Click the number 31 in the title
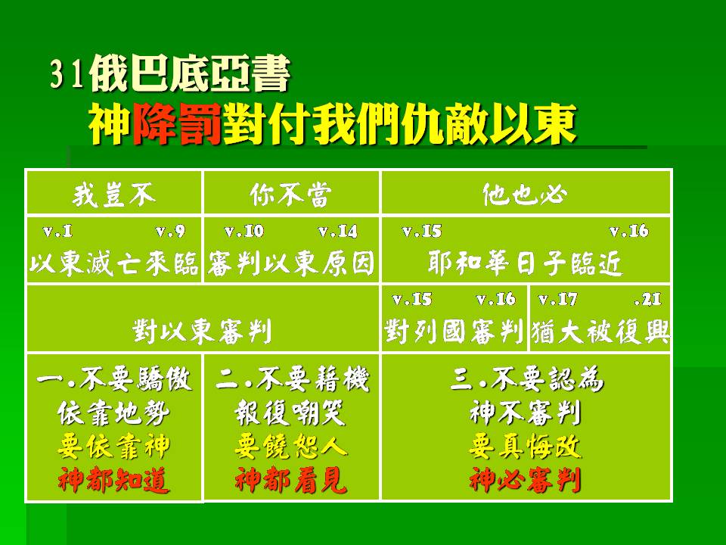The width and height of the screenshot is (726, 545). click(x=67, y=73)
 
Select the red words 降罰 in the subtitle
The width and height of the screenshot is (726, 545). click(x=177, y=123)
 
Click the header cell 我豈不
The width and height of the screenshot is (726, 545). click(x=114, y=195)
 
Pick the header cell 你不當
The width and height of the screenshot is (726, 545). click(x=291, y=195)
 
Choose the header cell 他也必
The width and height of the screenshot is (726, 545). click(x=525, y=195)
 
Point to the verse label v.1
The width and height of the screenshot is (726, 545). click(x=58, y=231)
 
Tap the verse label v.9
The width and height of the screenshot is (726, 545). click(x=170, y=231)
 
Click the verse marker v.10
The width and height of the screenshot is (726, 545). click(x=244, y=231)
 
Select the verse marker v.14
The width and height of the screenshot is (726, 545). click(x=338, y=231)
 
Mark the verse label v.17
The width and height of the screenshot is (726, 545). click(x=558, y=300)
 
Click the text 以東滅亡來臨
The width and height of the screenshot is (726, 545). click(x=114, y=263)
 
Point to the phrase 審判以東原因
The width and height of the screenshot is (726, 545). click(x=290, y=263)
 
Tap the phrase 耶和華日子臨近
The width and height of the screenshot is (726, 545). click(x=525, y=263)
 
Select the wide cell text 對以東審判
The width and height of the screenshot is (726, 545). click(x=203, y=332)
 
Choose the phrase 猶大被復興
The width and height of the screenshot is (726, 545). click(x=600, y=332)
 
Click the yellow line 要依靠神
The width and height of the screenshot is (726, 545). click(x=114, y=447)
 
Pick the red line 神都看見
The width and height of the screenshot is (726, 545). click(x=291, y=480)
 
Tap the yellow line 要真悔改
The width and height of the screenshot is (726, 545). click(x=525, y=447)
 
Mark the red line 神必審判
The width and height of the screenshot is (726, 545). click(x=525, y=480)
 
